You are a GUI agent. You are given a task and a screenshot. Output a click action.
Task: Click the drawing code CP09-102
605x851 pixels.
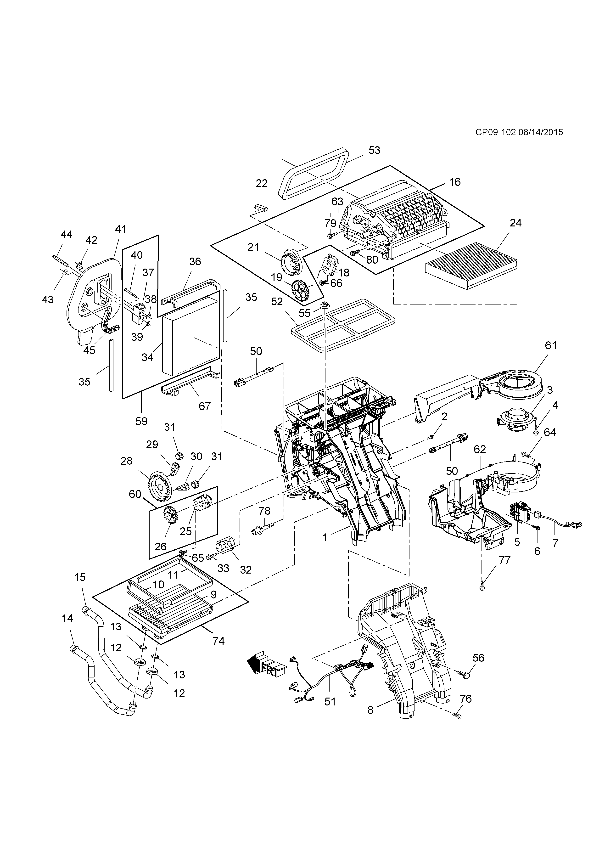[495, 132]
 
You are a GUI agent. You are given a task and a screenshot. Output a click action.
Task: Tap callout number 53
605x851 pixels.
[374, 150]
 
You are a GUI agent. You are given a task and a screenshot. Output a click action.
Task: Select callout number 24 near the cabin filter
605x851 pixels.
[515, 223]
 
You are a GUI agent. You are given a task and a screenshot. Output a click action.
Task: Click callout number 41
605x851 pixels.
[121, 229]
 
